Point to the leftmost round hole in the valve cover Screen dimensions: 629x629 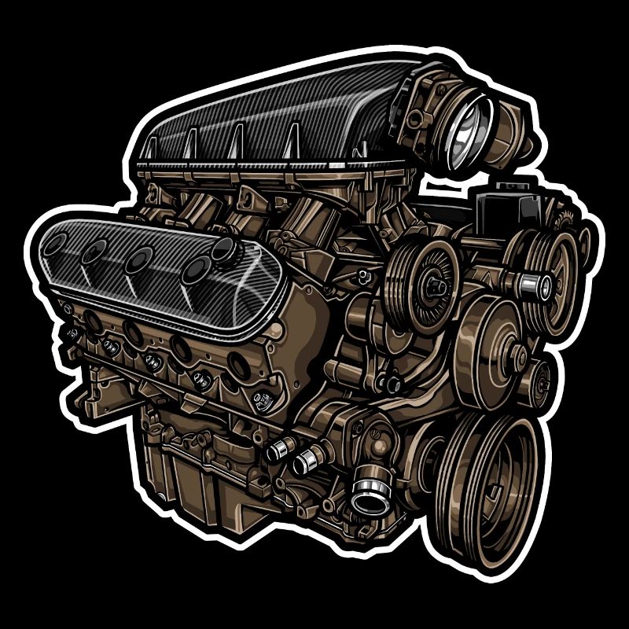[55, 243]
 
